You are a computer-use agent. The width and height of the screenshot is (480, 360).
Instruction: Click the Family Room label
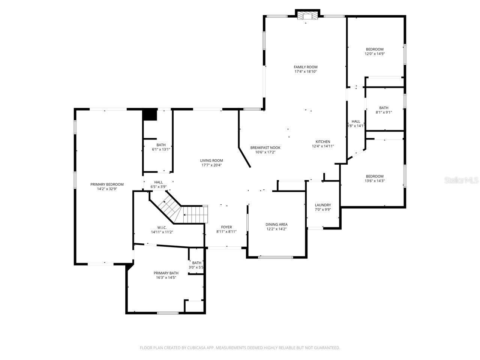tap(306, 67)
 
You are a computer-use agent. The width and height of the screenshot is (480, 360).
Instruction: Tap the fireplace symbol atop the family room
tap(307, 15)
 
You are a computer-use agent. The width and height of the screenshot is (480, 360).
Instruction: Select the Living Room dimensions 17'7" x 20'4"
tap(211, 165)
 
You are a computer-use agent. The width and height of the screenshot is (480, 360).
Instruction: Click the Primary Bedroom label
tap(107, 184)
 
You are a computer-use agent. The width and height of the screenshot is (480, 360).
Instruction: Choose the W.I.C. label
tap(162, 228)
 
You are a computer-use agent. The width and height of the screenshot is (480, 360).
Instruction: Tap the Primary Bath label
tap(166, 273)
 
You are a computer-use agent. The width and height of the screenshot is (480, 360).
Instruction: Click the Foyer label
tap(226, 227)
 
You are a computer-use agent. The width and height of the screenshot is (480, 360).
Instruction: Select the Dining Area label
tap(277, 224)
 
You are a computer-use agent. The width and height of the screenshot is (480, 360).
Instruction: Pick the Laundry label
tap(323, 205)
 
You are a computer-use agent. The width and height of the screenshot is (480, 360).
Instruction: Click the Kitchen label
tap(323, 141)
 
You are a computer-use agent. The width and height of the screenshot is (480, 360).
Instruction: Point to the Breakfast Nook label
tap(265, 147)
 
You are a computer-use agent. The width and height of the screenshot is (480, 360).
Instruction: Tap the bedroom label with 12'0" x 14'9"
tap(375, 49)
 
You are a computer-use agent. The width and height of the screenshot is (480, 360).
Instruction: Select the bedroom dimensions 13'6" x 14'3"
tap(375, 181)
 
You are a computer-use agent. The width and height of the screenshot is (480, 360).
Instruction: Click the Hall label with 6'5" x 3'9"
tap(158, 182)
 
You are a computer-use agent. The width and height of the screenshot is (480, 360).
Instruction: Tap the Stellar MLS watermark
tap(461, 180)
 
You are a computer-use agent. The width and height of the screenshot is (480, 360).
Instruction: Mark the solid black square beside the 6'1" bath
tap(150, 115)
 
